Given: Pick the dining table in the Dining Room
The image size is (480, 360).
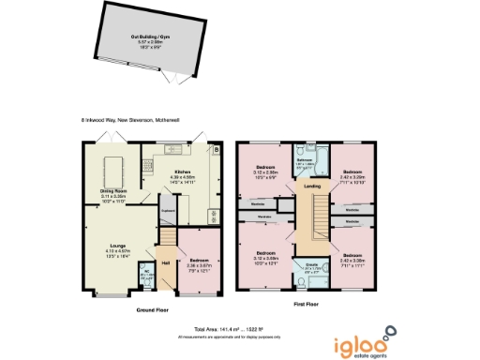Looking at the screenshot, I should point(118,170).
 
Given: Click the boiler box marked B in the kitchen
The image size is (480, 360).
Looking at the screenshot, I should point(217,150).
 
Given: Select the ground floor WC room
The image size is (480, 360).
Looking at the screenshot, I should point(145,276).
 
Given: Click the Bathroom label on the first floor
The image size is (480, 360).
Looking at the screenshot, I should point(305,159).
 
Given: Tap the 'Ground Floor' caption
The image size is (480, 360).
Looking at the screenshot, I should point(152,308).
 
